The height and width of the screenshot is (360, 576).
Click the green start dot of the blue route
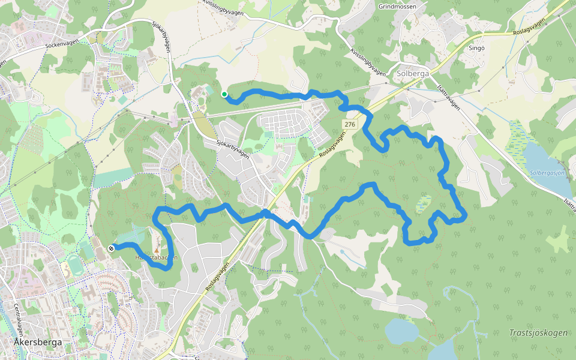(224, 94)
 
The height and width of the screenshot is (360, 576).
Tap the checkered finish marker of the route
(111, 248)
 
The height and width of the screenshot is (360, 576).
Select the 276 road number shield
(350, 124)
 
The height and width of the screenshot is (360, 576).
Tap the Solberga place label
(413, 74)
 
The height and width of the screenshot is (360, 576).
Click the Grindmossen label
(398, 7)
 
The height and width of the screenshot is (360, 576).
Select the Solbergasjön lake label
(547, 173)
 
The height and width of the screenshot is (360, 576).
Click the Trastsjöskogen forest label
(538, 332)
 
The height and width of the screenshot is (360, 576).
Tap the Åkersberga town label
(36, 342)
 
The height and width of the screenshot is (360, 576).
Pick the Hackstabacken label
(156, 257)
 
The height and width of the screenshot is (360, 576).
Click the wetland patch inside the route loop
(424, 204)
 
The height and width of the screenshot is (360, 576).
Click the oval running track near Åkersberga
(74, 264)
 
